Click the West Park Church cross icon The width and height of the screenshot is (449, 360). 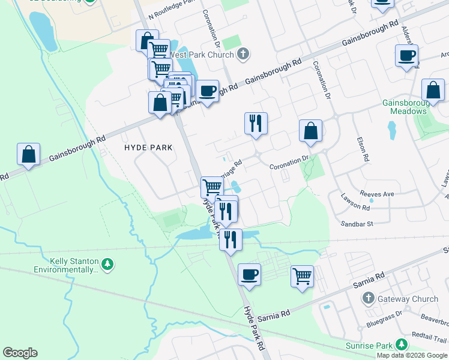pos(243,55)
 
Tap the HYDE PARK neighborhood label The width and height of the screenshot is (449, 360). pos(148,147)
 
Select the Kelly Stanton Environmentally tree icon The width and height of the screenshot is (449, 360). pos(107,264)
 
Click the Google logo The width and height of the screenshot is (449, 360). pos(20,353)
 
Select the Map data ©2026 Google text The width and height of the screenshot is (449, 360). pos(412,355)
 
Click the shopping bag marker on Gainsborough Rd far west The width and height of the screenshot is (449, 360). pos(28,154)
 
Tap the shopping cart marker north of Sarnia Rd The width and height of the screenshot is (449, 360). pos(303,277)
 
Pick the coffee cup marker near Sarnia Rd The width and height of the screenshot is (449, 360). pos(249,275)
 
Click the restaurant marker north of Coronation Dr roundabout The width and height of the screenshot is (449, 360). pos(256,123)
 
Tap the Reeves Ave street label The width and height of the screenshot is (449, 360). pos(376,194)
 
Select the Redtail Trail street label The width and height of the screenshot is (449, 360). pos(429,339)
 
